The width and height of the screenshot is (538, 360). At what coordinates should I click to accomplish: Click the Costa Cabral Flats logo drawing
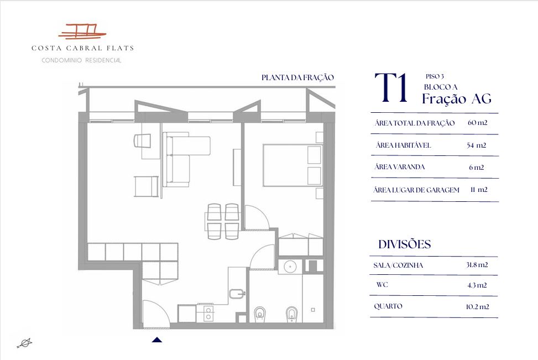point(82,31)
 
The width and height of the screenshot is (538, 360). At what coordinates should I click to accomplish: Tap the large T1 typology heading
point(391,88)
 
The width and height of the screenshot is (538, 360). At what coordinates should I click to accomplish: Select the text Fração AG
point(457,99)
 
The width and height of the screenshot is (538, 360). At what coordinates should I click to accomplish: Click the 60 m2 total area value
point(477,123)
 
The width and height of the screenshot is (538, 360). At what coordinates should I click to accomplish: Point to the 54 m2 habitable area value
point(476,145)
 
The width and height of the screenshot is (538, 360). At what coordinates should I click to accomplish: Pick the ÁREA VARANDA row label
point(400,167)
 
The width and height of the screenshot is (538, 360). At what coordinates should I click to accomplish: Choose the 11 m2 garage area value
point(479,190)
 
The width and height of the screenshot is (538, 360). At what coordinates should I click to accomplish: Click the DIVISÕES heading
point(405,244)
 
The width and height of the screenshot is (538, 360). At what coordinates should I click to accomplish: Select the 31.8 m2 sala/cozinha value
point(477,264)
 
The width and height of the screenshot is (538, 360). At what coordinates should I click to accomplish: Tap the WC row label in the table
point(382,284)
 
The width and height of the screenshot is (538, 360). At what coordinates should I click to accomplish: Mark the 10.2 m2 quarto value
point(477,306)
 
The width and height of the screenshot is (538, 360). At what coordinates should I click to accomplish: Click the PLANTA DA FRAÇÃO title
point(297,77)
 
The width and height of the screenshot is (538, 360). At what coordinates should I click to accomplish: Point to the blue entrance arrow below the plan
point(157,340)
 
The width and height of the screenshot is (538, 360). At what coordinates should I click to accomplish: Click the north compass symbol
point(25,343)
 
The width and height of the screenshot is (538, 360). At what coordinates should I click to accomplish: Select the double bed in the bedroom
point(292,165)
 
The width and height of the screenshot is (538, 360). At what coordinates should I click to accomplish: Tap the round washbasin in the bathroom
point(290,267)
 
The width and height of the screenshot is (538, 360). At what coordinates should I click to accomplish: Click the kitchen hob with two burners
point(208,314)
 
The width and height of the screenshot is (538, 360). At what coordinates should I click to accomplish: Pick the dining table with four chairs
point(222,221)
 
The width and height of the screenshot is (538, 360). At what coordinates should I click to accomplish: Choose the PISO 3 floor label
point(435,76)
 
